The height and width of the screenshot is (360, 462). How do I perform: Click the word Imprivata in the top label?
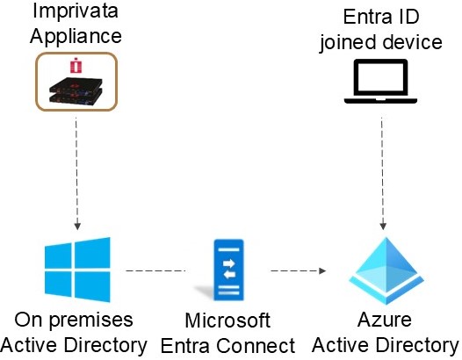[x=76, y=11]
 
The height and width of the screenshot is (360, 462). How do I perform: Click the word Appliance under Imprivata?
[x=76, y=37]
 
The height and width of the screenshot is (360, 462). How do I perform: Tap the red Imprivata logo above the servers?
[x=76, y=65]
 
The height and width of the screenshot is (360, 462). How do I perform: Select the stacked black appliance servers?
[x=76, y=91]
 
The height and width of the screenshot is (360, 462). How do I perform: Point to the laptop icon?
[x=380, y=82]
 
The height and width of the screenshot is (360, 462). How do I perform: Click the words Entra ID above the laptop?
[x=381, y=17]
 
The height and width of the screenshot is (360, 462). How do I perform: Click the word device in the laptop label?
[x=413, y=42]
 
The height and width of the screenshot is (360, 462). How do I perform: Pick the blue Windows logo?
[x=77, y=270]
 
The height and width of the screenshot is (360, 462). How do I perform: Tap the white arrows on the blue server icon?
[x=229, y=269]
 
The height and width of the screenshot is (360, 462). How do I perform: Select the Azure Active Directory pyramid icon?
[x=386, y=270]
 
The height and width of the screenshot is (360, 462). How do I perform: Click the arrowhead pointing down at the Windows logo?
[x=77, y=226]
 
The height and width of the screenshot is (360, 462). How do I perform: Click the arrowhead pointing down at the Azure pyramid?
[x=383, y=226]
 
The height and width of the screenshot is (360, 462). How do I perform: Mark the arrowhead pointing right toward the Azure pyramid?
[x=322, y=270]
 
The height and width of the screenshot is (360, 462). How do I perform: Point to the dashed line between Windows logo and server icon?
[x=155, y=270]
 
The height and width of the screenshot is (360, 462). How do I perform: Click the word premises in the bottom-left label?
[x=90, y=321]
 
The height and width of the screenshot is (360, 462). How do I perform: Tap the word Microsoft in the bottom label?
[x=227, y=320]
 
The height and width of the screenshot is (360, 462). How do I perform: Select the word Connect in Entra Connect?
[x=256, y=346]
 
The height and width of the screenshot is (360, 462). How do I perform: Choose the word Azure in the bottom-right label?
[x=385, y=320]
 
